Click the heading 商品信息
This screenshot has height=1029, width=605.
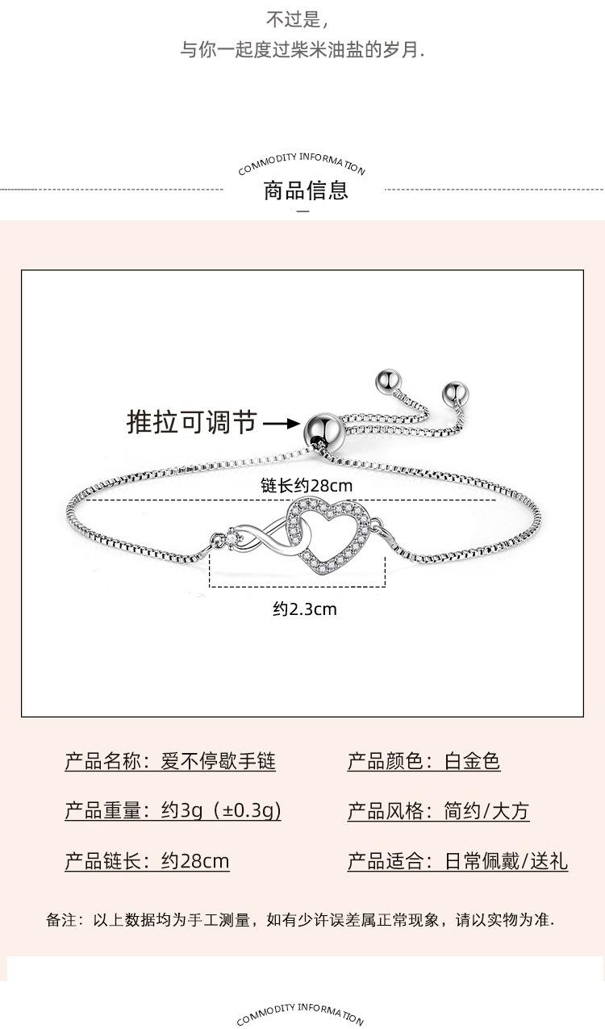point(306,190)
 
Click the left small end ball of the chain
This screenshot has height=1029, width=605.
point(388,380)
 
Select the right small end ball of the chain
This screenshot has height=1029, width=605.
point(454,393)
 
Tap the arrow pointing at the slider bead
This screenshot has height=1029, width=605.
point(282,423)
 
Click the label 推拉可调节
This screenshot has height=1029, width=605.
point(191,422)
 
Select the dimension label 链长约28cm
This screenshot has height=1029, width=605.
point(307,485)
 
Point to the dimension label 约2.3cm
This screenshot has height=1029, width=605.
point(305,609)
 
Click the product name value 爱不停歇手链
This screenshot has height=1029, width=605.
point(218,761)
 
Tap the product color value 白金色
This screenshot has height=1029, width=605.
point(472,761)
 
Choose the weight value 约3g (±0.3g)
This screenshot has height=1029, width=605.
point(221,811)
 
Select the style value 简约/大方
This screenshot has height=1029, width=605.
point(486,811)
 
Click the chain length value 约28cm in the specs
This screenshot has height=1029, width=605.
point(195,860)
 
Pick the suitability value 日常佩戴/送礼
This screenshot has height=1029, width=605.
point(506,860)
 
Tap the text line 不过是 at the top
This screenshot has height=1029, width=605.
point(297,19)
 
